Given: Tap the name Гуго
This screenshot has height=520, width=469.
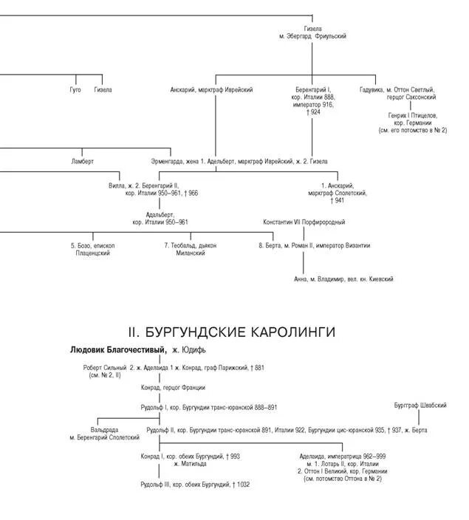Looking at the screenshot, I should click(75, 90).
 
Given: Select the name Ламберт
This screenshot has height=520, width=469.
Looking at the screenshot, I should click(83, 161).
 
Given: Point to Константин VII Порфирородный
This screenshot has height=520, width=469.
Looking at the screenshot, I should click(304, 222).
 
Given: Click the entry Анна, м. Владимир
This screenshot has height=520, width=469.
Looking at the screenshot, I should click(343, 279).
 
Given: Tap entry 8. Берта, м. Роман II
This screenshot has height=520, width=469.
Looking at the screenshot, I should click(314, 245).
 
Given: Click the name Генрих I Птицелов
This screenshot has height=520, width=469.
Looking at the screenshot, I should click(412, 115).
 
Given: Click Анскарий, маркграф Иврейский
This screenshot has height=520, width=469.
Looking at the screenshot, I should click(211, 90).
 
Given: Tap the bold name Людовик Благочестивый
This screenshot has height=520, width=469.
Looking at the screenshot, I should click(117, 349).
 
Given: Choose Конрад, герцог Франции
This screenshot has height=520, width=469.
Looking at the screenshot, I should click(173, 387).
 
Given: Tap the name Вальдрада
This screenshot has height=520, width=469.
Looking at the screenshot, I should click(104, 429).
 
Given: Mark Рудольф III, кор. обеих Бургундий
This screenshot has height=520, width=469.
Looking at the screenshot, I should click(195, 485).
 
